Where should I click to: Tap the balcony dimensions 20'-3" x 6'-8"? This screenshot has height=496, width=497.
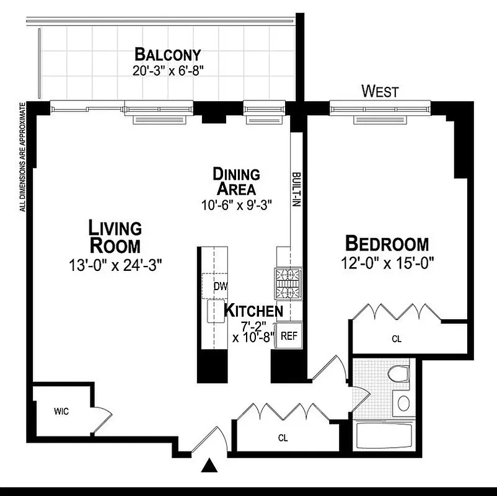pos(168,71)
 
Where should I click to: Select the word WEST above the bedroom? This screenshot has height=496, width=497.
pos(380,92)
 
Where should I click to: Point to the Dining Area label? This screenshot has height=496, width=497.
pos(236,180)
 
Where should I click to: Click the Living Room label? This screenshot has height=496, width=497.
pos(115,236)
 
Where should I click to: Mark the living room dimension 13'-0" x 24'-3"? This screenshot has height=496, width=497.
pos(115,265)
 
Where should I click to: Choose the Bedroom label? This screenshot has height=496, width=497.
pos(387,243)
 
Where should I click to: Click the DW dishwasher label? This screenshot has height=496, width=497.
pos(220,287)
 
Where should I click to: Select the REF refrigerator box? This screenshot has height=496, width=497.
pos(289,336)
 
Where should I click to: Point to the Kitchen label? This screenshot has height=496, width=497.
pos(253,310)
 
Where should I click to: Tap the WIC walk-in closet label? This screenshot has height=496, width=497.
pos(61,410)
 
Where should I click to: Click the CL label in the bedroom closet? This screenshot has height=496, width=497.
pos(397,339)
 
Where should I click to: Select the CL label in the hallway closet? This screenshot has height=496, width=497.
pos(283,438)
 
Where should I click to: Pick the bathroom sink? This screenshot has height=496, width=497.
pos(403,403)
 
